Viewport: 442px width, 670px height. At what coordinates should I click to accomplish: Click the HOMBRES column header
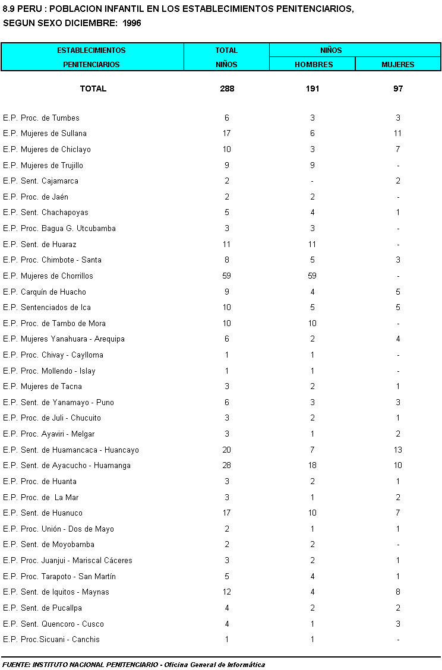click(312, 64)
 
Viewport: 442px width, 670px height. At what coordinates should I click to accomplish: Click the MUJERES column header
click(397, 64)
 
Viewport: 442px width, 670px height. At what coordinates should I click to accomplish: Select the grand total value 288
click(227, 89)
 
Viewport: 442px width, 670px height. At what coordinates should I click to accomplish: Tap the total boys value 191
click(312, 89)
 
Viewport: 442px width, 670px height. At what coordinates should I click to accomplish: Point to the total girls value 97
click(398, 89)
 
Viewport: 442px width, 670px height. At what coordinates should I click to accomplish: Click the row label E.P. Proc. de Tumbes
click(41, 118)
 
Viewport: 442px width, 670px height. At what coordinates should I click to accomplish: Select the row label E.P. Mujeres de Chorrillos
click(48, 276)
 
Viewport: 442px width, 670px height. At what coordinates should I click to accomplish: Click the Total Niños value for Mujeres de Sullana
click(227, 133)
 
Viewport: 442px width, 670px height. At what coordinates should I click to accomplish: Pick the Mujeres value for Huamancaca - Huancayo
click(398, 450)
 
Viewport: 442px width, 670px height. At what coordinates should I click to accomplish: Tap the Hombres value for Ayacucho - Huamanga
click(312, 465)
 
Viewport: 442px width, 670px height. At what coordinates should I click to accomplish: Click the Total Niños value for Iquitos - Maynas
click(227, 592)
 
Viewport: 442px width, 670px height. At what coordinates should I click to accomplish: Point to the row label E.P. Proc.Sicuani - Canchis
click(51, 639)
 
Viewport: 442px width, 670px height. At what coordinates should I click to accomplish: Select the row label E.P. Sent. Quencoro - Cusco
click(53, 624)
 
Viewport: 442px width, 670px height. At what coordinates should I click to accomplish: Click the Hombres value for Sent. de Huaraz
click(312, 244)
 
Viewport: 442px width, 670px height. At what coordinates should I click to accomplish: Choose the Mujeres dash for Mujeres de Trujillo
click(398, 165)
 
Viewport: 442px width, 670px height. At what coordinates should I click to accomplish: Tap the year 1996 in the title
click(131, 23)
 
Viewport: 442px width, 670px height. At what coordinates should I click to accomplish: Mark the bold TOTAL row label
click(93, 89)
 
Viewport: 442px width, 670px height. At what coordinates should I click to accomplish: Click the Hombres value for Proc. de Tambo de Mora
click(312, 323)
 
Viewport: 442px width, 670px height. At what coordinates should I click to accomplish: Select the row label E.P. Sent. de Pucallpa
click(43, 608)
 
